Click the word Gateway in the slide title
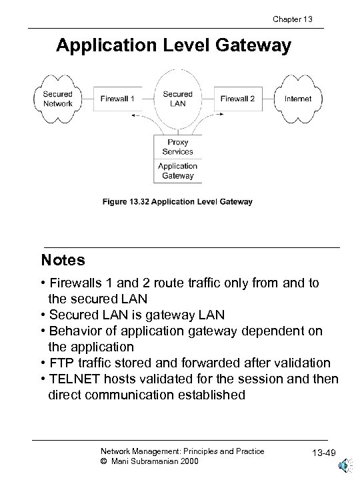point(255,46)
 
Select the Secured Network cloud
point(53,99)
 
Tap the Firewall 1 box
point(117,99)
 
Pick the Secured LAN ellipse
point(177,99)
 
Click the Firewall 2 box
point(237,99)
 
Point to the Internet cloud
point(297,99)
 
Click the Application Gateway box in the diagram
point(177,171)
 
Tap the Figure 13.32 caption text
point(177,201)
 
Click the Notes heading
point(63,259)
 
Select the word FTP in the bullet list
point(61,363)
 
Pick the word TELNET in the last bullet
point(71,379)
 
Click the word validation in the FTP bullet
point(299,363)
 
